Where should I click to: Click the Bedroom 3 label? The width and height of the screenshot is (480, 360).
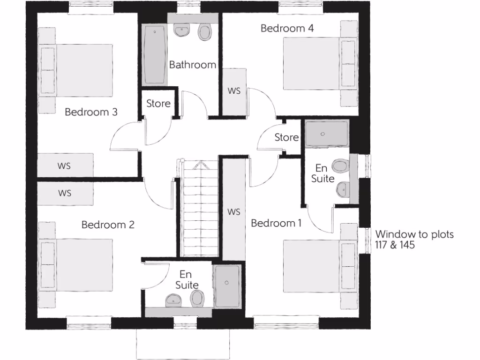pos(91,112)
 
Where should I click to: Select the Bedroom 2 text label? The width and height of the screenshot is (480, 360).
pos(108,225)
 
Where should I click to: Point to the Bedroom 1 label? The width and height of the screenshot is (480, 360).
pos(276,223)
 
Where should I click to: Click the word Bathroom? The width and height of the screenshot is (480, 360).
pos(193,65)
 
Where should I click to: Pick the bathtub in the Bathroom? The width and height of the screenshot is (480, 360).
pos(155,55)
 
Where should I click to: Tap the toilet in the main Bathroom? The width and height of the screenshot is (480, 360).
pos(204,32)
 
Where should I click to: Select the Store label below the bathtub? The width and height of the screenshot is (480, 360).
pos(158,103)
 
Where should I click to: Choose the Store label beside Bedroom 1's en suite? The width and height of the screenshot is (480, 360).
pos(286,137)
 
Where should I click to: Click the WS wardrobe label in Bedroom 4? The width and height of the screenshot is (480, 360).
pos(234,91)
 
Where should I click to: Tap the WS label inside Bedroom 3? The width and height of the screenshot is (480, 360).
pos(65,165)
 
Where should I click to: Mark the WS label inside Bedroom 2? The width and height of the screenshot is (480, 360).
pos(65,193)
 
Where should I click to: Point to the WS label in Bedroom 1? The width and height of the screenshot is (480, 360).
pos(234,212)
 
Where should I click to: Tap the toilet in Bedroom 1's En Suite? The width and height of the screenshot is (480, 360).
pos(340,166)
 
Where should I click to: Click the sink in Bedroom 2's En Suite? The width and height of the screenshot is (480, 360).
pos(173,300)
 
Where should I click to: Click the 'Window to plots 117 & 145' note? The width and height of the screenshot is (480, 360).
pos(414,239)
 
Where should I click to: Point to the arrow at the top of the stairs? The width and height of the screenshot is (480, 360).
pos(200,165)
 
